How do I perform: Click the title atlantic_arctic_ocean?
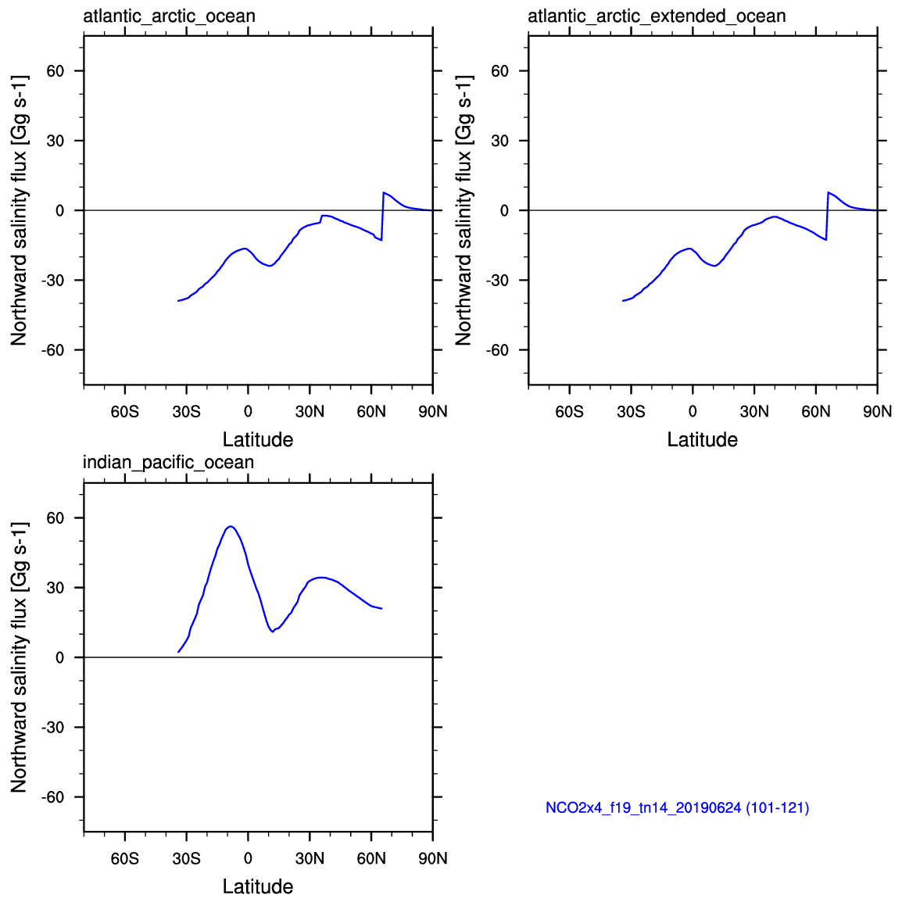click(169, 16)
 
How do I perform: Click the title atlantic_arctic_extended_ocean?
click(657, 16)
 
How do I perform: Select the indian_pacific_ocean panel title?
click(168, 463)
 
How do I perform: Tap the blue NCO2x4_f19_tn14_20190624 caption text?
click(677, 807)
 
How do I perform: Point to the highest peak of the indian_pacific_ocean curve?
click(230, 526)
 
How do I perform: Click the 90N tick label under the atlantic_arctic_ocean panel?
click(432, 411)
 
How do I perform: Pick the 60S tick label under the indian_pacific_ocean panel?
click(125, 858)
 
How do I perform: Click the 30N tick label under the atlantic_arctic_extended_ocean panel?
click(754, 411)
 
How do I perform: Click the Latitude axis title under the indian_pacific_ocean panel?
click(258, 886)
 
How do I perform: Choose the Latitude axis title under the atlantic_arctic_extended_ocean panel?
click(702, 439)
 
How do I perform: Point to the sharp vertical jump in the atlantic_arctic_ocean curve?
click(382, 217)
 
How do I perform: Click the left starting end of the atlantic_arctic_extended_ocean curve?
click(623, 300)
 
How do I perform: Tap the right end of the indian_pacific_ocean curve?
click(381, 608)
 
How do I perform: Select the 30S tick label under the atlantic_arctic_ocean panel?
click(186, 411)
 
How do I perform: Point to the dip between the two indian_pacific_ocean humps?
click(272, 631)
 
